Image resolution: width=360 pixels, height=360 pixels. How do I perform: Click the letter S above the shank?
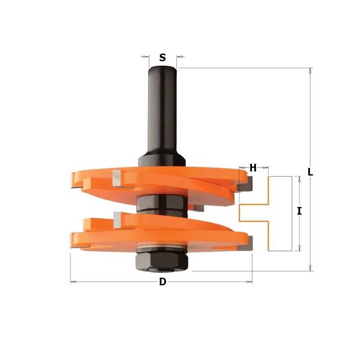pos(162,58)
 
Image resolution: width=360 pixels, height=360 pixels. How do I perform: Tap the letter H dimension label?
pos(253,168)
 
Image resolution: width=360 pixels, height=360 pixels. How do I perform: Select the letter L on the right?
pos(310,171)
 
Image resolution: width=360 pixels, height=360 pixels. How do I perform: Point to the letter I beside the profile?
pos(299,211)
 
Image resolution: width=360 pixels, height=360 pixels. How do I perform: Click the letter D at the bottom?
pos(162,282)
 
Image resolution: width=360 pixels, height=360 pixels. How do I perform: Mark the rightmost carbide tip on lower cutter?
pos(248,243)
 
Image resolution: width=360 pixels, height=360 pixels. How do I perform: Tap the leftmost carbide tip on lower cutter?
pos(74,241)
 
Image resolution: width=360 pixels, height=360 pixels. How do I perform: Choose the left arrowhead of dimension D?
pos(73,282)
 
